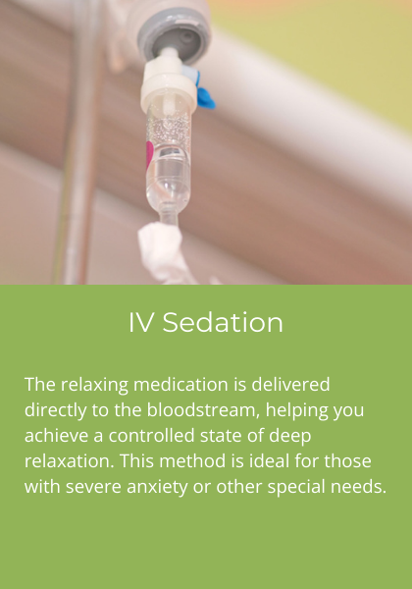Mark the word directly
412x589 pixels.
coord(58,409)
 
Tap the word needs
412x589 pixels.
coord(361,488)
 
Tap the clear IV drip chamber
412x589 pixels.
coord(170,157)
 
